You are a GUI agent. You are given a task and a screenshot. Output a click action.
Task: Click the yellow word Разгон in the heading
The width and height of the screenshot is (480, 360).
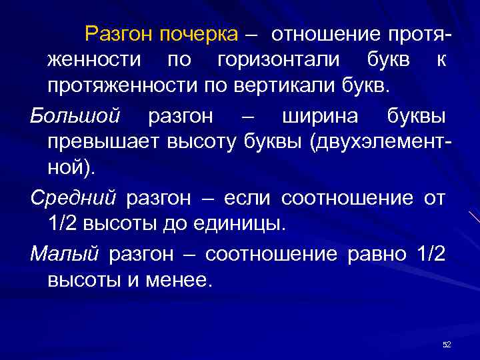pos(116,33)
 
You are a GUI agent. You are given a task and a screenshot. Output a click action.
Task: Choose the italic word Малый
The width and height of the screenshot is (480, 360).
pos(64,253)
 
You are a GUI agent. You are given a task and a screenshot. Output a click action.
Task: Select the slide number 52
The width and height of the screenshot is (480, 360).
pos(447,344)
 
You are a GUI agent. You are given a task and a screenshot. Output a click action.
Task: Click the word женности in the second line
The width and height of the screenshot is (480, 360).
pos(94,60)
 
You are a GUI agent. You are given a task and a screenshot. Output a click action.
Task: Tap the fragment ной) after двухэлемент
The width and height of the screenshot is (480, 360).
pos(71,169)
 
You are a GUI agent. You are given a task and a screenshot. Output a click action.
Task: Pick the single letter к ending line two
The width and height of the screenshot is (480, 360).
pos(441,60)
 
